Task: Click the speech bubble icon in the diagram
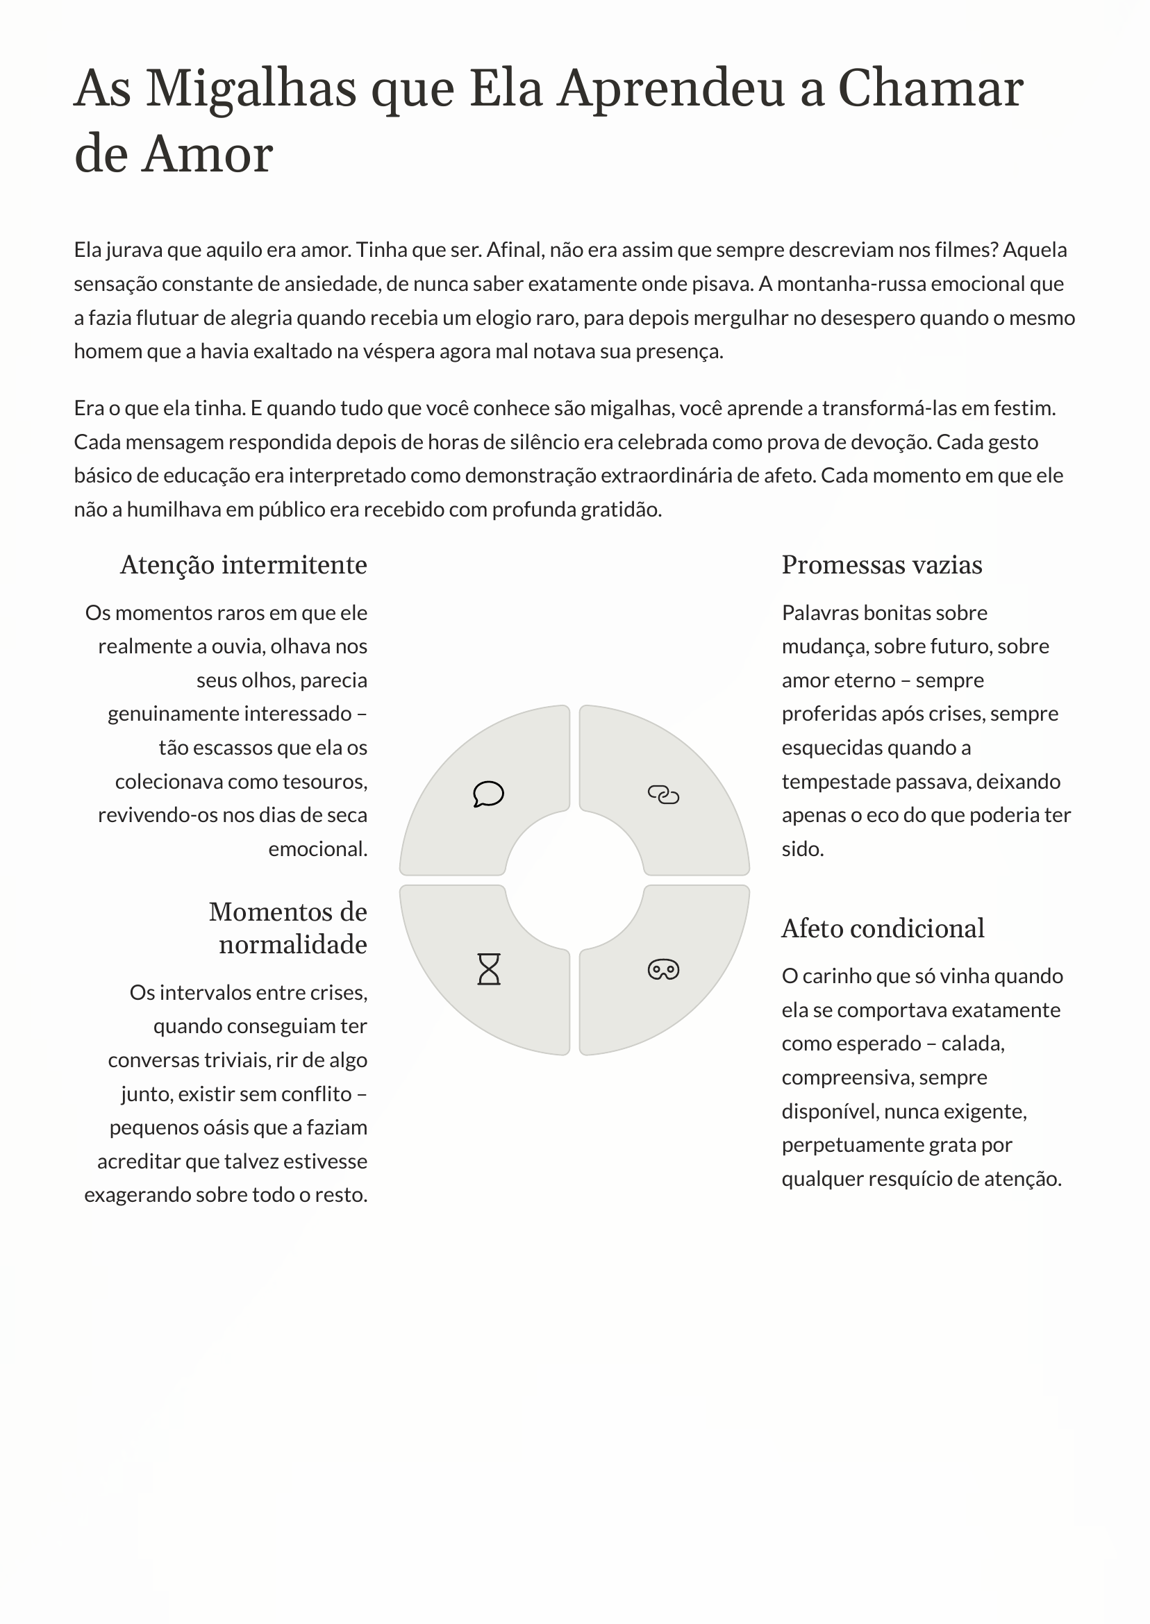[488, 794]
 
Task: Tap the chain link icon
[662, 795]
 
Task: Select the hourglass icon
[489, 969]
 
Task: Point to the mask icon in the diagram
[662, 969]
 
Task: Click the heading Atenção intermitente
[244, 565]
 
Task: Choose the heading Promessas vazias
[882, 565]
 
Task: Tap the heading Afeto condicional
[883, 928]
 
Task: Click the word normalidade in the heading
[292, 944]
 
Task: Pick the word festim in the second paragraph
[1023, 408]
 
